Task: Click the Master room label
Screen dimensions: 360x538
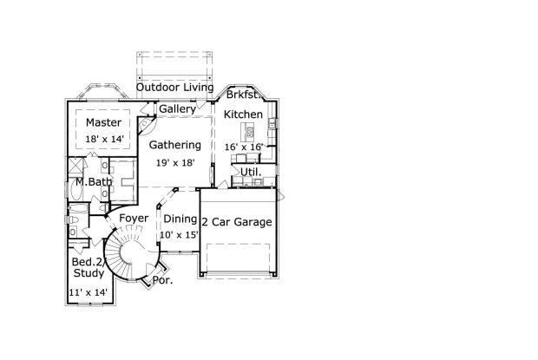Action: (102, 122)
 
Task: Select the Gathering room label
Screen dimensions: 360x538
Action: (174, 145)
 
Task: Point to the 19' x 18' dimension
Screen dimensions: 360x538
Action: (174, 162)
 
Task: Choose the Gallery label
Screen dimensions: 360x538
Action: (177, 109)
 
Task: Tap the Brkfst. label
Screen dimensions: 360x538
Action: (244, 95)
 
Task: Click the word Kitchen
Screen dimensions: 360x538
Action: (245, 115)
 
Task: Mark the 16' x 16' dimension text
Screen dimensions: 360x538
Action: (244, 147)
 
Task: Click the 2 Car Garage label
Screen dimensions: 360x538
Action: (237, 222)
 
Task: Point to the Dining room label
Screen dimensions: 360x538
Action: (180, 219)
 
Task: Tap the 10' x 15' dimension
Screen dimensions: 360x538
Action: (180, 235)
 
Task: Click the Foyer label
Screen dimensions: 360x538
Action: (134, 218)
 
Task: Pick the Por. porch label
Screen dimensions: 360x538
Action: (162, 280)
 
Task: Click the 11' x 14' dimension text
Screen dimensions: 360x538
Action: (89, 293)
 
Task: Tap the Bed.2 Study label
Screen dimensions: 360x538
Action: (88, 267)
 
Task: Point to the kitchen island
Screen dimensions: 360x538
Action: (250, 133)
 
